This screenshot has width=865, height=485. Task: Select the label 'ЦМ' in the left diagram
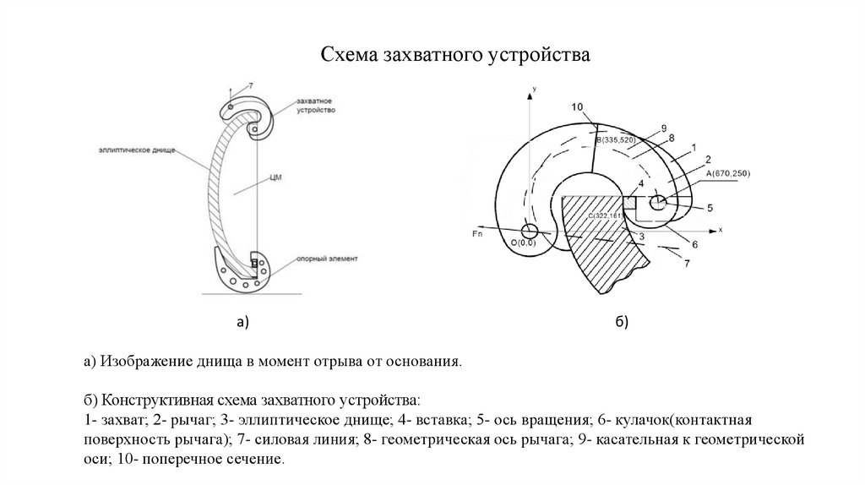(x=274, y=178)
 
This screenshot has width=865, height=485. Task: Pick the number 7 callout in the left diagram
(x=250, y=85)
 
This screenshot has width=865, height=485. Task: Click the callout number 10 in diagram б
(x=577, y=106)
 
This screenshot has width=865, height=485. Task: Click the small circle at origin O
(x=530, y=231)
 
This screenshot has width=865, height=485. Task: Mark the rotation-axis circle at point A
(x=659, y=203)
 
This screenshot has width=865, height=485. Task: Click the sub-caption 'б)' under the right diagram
(x=621, y=322)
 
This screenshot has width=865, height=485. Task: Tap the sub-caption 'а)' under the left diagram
(x=243, y=322)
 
